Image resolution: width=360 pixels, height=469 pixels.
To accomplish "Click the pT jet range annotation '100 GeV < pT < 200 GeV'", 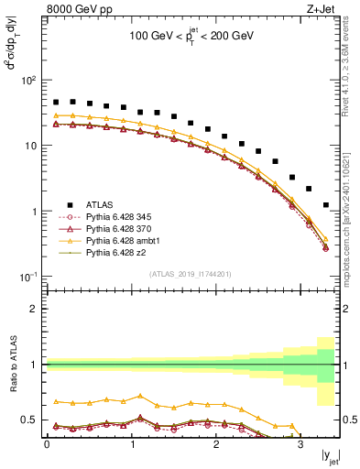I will [191, 41].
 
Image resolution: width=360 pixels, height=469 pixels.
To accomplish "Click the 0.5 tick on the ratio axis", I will [31, 420].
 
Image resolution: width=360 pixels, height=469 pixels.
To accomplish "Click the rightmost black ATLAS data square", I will [327, 205].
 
